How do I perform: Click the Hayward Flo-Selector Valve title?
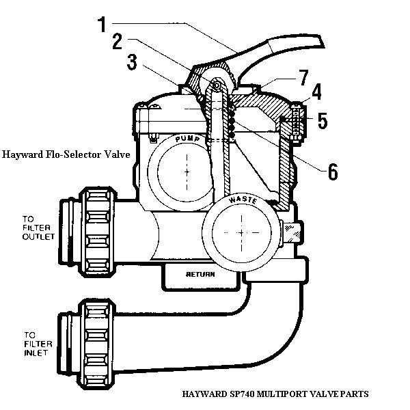pyautogui.click(x=66, y=154)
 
